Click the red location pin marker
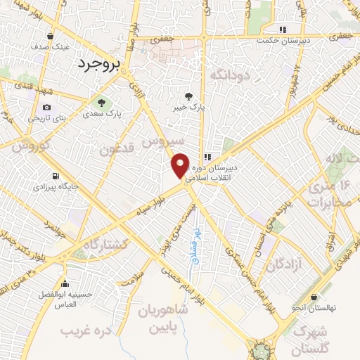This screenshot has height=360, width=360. (181, 165)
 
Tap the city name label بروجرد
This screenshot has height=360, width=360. (98, 64)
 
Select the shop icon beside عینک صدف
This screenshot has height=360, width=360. (50, 37)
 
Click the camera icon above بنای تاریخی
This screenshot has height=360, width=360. (46, 107)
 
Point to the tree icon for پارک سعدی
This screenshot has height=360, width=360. (103, 102)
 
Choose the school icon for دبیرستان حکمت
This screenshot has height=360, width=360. (283, 30)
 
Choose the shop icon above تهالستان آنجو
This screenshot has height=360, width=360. (314, 297)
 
